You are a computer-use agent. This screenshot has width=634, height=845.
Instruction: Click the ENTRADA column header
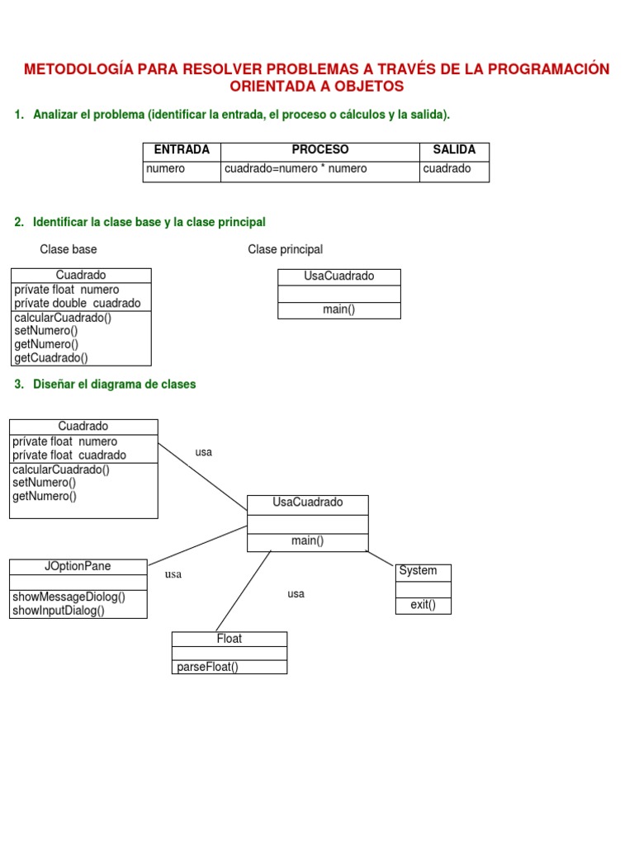pos(182,150)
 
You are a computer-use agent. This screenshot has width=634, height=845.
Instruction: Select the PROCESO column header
pos(320,150)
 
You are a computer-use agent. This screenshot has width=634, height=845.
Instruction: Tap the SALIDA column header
pos(454,150)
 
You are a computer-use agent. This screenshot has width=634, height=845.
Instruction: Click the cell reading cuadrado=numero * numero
pos(296,169)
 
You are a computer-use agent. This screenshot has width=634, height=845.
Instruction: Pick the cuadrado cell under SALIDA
pos(447,169)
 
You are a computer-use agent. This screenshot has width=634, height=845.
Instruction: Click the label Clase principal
pos(285,249)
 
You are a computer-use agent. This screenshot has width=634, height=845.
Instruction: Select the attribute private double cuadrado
pos(78,304)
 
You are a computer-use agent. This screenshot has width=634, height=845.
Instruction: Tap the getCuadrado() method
pos(51,358)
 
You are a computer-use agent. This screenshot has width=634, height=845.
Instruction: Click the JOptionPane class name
pos(78,567)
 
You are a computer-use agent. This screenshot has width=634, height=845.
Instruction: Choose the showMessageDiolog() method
pos(69,597)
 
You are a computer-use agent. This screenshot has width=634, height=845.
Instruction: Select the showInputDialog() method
pos(59,611)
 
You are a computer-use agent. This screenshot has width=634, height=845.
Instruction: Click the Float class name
pos(229,640)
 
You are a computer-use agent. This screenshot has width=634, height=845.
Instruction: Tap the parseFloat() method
pos(207,668)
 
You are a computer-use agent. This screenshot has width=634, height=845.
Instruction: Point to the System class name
pos(418,571)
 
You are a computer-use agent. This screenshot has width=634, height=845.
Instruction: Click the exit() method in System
pos(423,606)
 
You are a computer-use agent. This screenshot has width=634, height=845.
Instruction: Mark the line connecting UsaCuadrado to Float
pos(244,591)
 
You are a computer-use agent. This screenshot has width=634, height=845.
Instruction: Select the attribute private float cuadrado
pos(69,456)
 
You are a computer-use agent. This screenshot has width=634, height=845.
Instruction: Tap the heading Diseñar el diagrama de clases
pos(114,385)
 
